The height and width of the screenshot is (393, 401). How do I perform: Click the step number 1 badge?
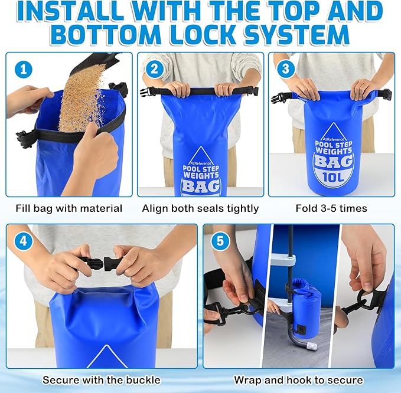pos(24,69)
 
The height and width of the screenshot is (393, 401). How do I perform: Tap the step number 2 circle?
pos(155,69)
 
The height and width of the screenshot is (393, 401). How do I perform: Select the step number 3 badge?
pos(286,68)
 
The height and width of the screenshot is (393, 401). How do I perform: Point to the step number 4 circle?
pos(24,241)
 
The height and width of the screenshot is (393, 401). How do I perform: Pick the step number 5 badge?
pos(220,241)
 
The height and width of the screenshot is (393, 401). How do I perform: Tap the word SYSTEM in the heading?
pos(296,35)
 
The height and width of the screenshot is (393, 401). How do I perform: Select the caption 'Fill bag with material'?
pos(69,208)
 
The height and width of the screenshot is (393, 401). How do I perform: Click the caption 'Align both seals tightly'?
pos(200,208)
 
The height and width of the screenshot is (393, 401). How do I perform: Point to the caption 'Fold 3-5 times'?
pos(331,208)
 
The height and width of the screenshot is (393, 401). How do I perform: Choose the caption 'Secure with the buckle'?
pos(102,380)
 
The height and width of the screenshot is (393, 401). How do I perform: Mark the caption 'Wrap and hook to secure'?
pos(298,380)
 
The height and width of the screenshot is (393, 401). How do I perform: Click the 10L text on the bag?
pos(333,176)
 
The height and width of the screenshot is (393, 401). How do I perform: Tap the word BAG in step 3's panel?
pos(334,162)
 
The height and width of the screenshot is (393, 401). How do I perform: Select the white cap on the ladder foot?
pos(312,346)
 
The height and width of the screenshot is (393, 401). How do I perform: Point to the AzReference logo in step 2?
pos(201,163)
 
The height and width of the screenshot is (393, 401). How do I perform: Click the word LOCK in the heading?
pos(201,35)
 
